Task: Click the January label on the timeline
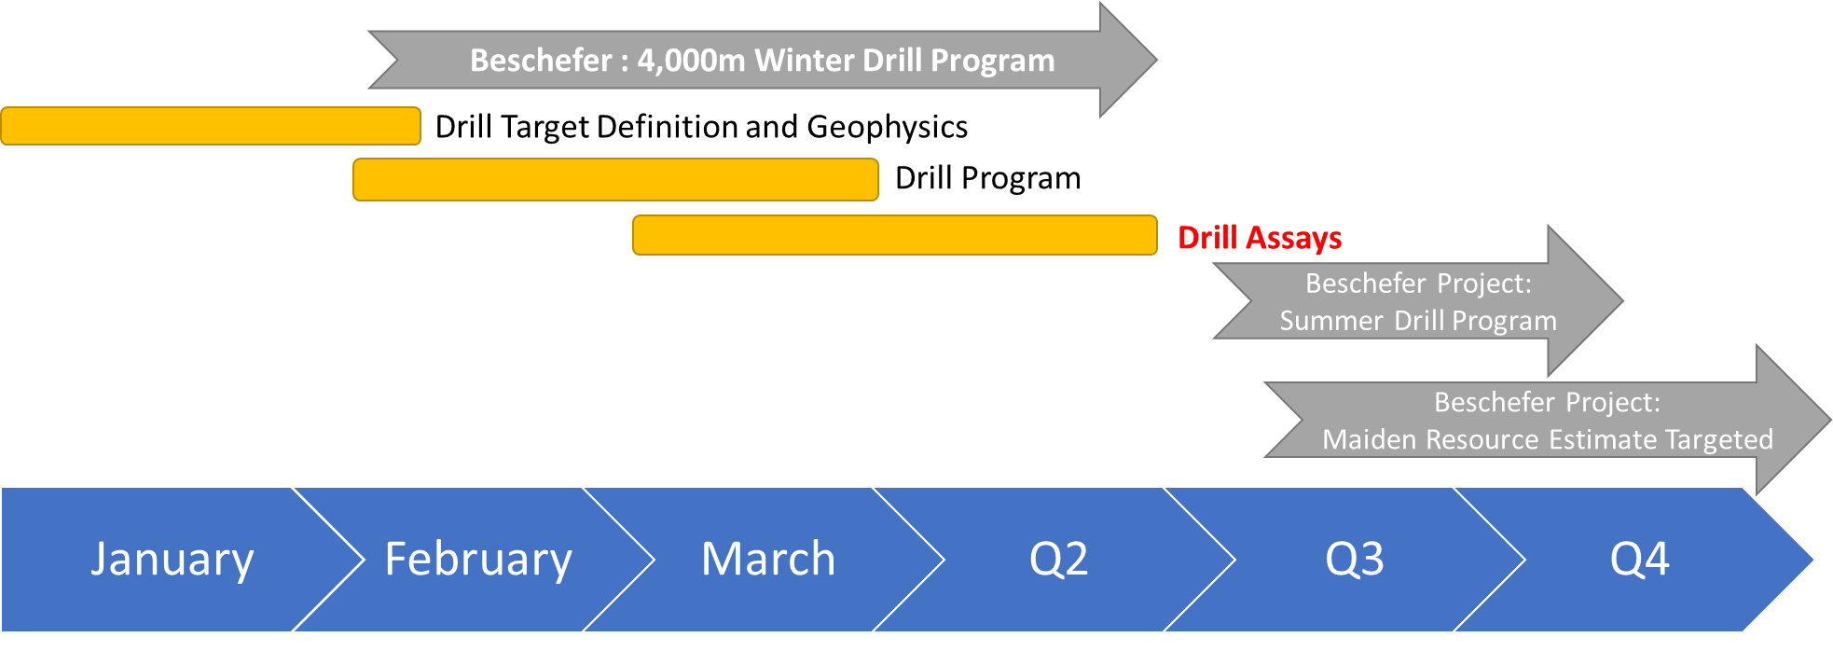[x=172, y=561]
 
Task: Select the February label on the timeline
[x=478, y=560]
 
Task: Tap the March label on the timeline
[x=768, y=559]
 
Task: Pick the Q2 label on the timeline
[x=1058, y=560]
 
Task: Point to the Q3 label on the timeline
[x=1355, y=560]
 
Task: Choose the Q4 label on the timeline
[x=1640, y=560]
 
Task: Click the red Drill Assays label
[x=1260, y=239]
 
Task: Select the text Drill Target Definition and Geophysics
[x=701, y=128]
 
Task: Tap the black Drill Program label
[x=988, y=179]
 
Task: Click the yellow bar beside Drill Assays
[x=895, y=235]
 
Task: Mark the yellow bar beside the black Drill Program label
[x=615, y=179]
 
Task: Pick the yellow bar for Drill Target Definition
[x=211, y=126]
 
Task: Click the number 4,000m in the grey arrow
[x=692, y=61]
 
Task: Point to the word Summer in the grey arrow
[x=1331, y=321]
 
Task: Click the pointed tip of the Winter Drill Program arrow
[x=1156, y=60]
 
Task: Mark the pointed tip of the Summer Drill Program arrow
[x=1622, y=300]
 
